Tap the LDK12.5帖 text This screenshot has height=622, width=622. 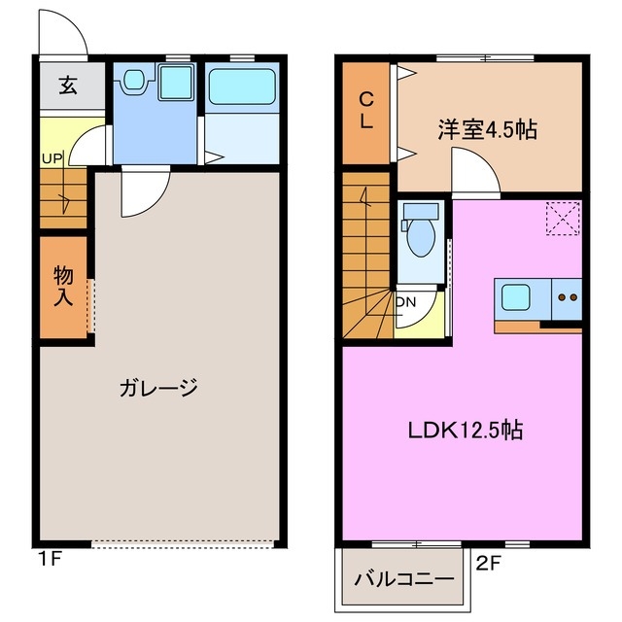click(x=464, y=430)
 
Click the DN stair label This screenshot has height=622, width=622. click(x=406, y=301)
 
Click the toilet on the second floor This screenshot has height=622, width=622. click(x=420, y=234)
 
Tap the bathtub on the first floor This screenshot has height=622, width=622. click(x=241, y=86)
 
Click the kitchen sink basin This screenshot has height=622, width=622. click(x=515, y=296)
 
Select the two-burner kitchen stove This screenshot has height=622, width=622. click(x=567, y=297)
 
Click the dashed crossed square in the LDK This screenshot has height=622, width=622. click(x=562, y=218)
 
